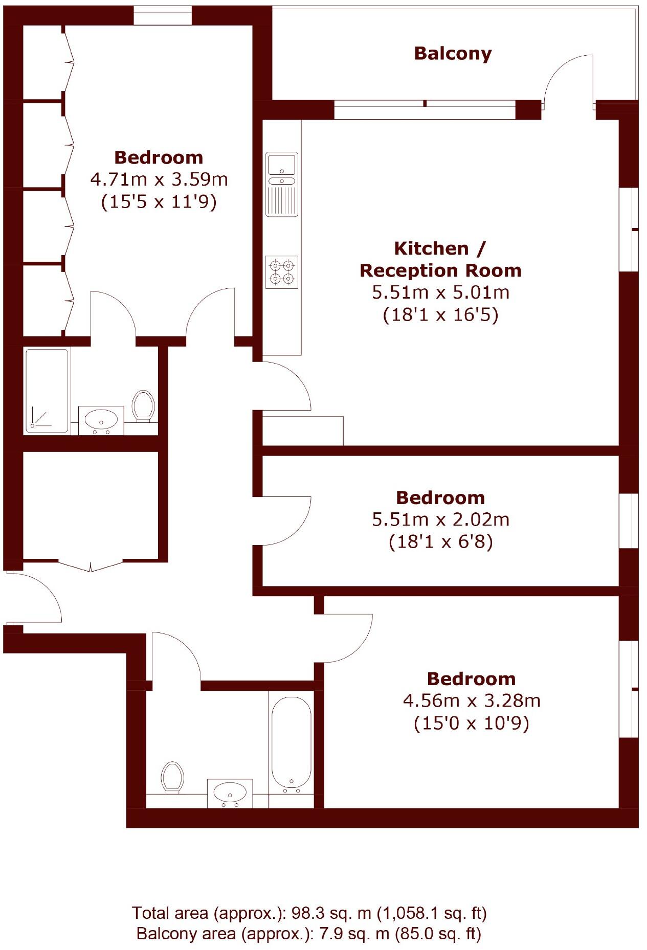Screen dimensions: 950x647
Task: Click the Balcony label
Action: (x=453, y=53)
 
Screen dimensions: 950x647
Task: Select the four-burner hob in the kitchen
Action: (x=282, y=272)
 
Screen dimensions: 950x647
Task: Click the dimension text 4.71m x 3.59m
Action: (x=159, y=179)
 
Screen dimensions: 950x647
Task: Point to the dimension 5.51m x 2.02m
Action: (x=440, y=519)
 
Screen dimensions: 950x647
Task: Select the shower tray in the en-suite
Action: (x=47, y=391)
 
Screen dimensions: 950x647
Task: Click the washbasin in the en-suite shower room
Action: (x=101, y=420)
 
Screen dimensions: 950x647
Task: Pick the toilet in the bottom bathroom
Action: (x=172, y=777)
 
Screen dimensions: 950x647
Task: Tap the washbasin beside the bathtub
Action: (x=230, y=793)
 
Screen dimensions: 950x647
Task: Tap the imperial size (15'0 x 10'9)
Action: (x=471, y=723)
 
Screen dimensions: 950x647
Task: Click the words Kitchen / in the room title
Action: (x=439, y=248)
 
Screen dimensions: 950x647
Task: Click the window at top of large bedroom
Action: (x=163, y=18)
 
